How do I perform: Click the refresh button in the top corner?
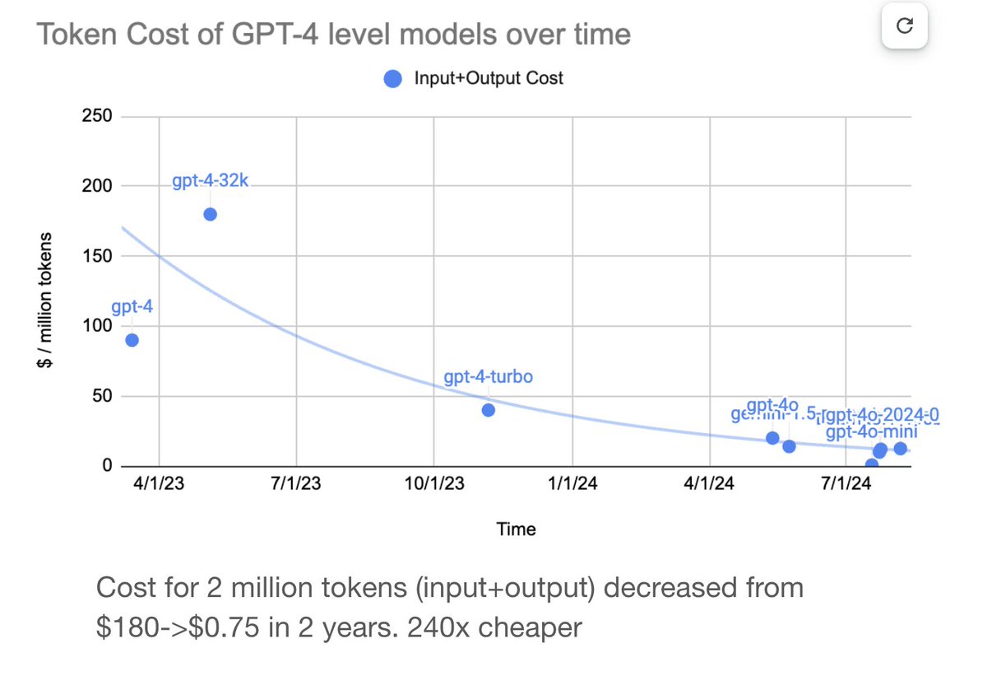[x=905, y=26]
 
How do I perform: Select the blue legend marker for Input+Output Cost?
[x=393, y=79]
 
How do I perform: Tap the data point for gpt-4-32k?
[x=210, y=214]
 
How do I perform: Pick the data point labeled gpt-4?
[x=132, y=340]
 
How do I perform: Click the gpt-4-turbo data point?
[x=489, y=410]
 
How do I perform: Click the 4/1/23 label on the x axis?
[x=160, y=483]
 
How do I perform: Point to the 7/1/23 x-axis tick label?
[x=296, y=483]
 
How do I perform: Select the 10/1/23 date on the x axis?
[x=433, y=483]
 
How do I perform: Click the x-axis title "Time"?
[x=516, y=529]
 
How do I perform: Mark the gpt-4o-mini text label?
[x=871, y=432]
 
